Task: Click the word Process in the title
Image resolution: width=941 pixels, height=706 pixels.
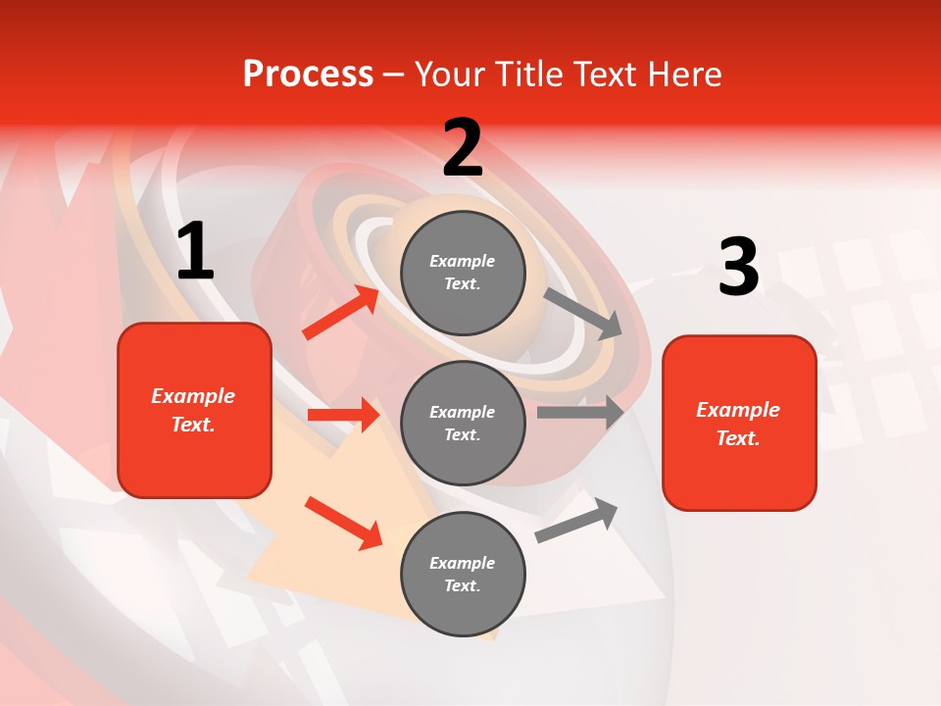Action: pyautogui.click(x=308, y=75)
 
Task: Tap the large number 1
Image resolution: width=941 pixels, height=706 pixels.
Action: pyautogui.click(x=195, y=252)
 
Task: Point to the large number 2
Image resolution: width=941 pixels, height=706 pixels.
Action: pyautogui.click(x=463, y=148)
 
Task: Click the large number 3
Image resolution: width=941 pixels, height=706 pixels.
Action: pyautogui.click(x=738, y=267)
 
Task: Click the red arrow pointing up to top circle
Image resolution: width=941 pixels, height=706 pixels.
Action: pyautogui.click(x=340, y=313)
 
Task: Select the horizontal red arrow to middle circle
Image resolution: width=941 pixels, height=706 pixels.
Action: pyautogui.click(x=343, y=415)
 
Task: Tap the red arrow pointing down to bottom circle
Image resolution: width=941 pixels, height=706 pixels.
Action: pyautogui.click(x=343, y=523)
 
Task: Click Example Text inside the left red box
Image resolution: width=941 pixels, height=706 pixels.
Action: pyautogui.click(x=193, y=410)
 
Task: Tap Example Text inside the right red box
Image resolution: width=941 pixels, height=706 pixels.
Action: pyautogui.click(x=738, y=424)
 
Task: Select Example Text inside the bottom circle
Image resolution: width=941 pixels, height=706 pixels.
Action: pyautogui.click(x=463, y=574)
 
